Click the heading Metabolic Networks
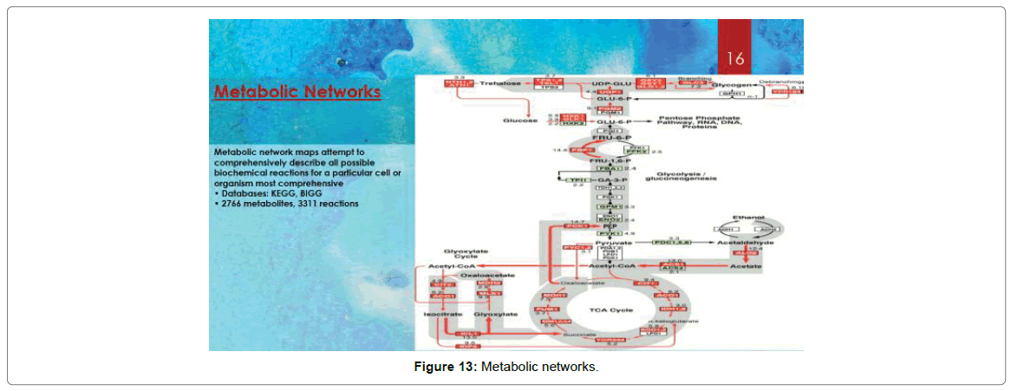[x=297, y=92]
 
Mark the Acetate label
[x=746, y=266]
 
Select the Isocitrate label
[x=440, y=314]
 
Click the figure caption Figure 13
[x=505, y=368]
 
